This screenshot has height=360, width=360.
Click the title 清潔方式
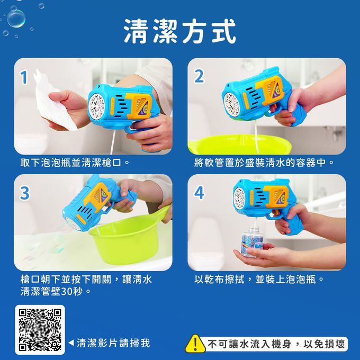(x=180, y=31)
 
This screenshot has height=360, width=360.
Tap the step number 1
(x=24, y=77)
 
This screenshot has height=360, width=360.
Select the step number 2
(x=199, y=76)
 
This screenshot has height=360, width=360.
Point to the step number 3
(x=24, y=193)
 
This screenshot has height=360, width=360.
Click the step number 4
(x=199, y=193)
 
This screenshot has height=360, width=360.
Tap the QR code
(x=40, y=330)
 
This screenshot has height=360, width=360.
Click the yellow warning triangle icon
(x=195, y=344)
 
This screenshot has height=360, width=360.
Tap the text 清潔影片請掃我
(x=113, y=343)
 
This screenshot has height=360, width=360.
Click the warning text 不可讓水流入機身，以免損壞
(x=276, y=344)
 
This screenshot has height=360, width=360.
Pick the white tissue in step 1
(x=55, y=103)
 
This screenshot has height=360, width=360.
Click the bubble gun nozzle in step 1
(x=97, y=106)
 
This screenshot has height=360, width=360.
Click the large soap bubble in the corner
(x=16, y=19)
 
